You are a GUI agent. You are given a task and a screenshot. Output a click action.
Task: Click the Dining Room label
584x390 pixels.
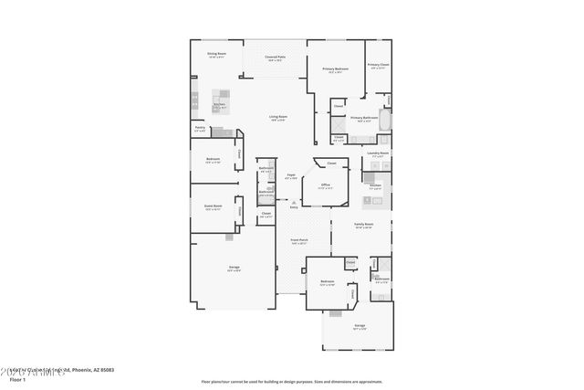coord(216,54)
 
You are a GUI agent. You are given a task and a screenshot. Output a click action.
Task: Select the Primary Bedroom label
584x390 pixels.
coord(335,69)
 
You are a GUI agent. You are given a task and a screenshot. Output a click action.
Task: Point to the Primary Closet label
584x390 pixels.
coord(378,65)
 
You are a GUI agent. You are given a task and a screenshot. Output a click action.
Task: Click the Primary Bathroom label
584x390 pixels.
coord(363,118)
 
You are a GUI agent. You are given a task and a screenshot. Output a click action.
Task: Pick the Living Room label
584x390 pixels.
coord(278,117)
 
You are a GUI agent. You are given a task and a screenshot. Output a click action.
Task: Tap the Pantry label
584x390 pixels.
coord(200,128)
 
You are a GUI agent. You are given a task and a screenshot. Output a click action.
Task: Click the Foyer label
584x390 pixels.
coord(291,174)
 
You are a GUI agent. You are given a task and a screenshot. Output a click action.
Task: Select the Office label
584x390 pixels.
coord(325,184)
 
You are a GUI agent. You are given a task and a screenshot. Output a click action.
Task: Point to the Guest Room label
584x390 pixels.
coord(213,206)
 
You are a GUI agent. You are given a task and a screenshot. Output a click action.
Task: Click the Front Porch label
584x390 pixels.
coord(298,240)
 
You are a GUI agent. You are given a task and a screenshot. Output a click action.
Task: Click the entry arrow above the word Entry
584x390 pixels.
coord(293,202)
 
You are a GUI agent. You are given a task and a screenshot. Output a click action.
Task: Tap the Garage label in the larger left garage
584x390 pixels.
coord(235,268)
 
